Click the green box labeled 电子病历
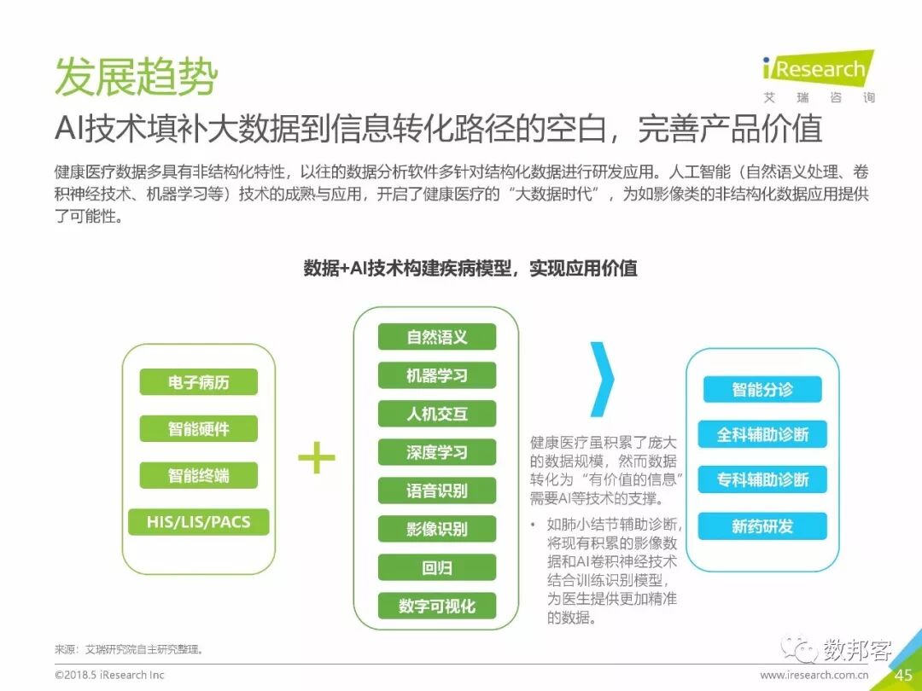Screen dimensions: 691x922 tap(198, 382)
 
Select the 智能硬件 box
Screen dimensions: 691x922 tap(198, 428)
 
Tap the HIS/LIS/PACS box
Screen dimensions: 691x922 tap(198, 521)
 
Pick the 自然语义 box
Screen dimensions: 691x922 tap(436, 336)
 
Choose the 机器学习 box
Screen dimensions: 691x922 tap(436, 375)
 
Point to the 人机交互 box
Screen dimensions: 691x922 tap(436, 414)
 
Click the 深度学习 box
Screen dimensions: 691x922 tap(436, 452)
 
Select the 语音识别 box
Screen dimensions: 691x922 tap(436, 491)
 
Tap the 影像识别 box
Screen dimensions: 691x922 tap(436, 529)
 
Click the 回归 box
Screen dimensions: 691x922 tap(436, 567)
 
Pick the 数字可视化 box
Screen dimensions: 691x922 tap(436, 606)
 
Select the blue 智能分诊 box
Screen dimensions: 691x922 tap(762, 389)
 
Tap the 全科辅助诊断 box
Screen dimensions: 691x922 tap(762, 434)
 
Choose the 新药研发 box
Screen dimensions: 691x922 tap(762, 526)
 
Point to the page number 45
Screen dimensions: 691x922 tap(903, 675)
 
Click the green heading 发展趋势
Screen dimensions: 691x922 tap(137, 78)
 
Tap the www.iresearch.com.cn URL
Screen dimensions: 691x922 tap(814, 675)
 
